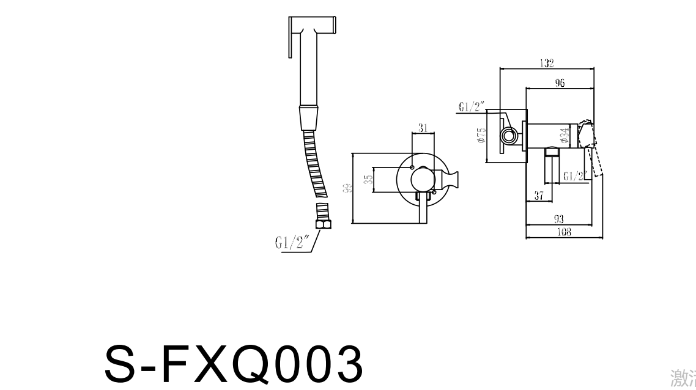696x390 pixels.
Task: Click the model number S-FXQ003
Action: (234, 365)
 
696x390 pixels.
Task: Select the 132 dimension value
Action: (547, 63)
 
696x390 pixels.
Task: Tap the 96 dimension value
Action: (560, 83)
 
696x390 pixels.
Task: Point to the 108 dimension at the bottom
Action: (564, 232)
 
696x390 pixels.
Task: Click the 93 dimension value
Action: (558, 218)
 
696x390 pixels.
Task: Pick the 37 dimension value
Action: (539, 196)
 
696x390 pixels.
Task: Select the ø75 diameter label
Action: (481, 136)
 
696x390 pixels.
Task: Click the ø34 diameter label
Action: (564, 135)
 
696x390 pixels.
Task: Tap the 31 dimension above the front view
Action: (423, 128)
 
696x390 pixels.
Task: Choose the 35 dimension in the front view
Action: (368, 180)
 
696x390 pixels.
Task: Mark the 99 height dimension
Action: (347, 188)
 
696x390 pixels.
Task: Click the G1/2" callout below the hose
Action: (292, 243)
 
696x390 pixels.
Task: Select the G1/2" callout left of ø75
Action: (471, 107)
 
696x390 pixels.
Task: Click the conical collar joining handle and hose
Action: (309, 117)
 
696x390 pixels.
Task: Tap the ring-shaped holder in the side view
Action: (507, 134)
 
